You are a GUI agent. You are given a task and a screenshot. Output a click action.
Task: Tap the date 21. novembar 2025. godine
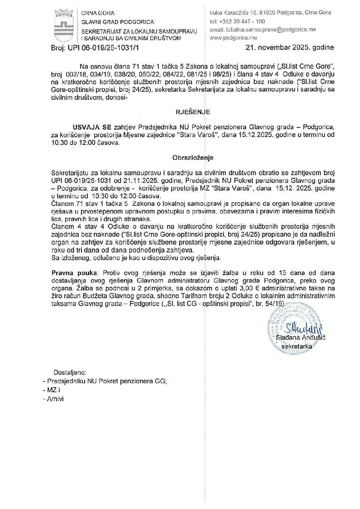tap(290, 48)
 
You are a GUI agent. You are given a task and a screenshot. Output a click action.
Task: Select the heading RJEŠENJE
tap(193, 112)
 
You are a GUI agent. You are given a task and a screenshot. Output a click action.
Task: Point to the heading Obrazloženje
tap(193, 158)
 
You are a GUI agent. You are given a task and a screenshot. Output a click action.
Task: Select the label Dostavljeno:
tap(70, 373)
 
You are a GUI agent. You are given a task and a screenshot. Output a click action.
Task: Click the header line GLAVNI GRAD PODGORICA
tap(117, 22)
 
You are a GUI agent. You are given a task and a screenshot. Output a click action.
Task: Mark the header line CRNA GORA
tap(98, 13)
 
